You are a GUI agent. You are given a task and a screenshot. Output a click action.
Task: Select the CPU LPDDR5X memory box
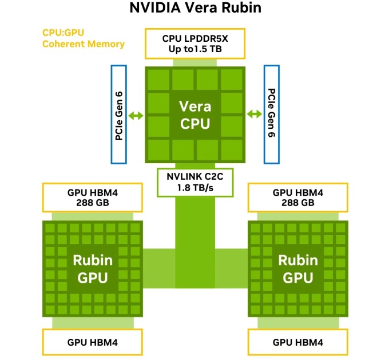tap(194, 43)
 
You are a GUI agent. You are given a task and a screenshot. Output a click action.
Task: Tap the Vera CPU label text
tap(194, 114)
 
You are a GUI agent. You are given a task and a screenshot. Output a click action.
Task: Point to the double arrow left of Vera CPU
tap(136, 115)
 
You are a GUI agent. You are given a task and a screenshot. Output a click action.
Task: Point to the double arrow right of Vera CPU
tap(254, 114)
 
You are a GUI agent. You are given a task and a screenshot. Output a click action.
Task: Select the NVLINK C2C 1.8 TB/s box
tap(194, 182)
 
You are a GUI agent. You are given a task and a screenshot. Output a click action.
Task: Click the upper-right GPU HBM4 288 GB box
tap(297, 197)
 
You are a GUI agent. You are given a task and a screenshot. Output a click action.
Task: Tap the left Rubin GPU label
tap(92, 268)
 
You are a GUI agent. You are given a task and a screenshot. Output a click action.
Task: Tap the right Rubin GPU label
tap(298, 268)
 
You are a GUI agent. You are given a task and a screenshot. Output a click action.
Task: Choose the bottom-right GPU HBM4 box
tap(297, 342)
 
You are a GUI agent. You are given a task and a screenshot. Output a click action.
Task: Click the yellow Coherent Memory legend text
tap(84, 44)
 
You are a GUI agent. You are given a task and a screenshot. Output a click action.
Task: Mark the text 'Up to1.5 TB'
tap(194, 49)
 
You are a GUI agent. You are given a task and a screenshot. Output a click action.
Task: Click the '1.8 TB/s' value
tap(194, 188)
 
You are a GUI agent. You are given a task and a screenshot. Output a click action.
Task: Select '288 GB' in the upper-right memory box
tap(297, 203)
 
